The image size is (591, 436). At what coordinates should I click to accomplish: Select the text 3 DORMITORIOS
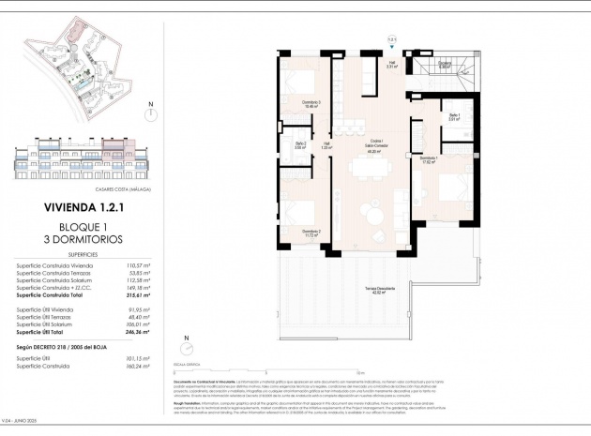(83, 240)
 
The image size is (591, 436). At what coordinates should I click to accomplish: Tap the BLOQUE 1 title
(83, 228)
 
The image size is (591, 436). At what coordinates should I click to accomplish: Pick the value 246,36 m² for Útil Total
(138, 332)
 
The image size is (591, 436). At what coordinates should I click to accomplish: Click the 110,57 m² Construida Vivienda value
(138, 266)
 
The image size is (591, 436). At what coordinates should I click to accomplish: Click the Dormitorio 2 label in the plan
(311, 233)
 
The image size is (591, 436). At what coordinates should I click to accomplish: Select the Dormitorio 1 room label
(430, 160)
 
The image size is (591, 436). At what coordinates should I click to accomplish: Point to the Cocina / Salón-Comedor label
(374, 145)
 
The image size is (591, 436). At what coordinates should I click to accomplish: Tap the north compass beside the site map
(149, 115)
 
